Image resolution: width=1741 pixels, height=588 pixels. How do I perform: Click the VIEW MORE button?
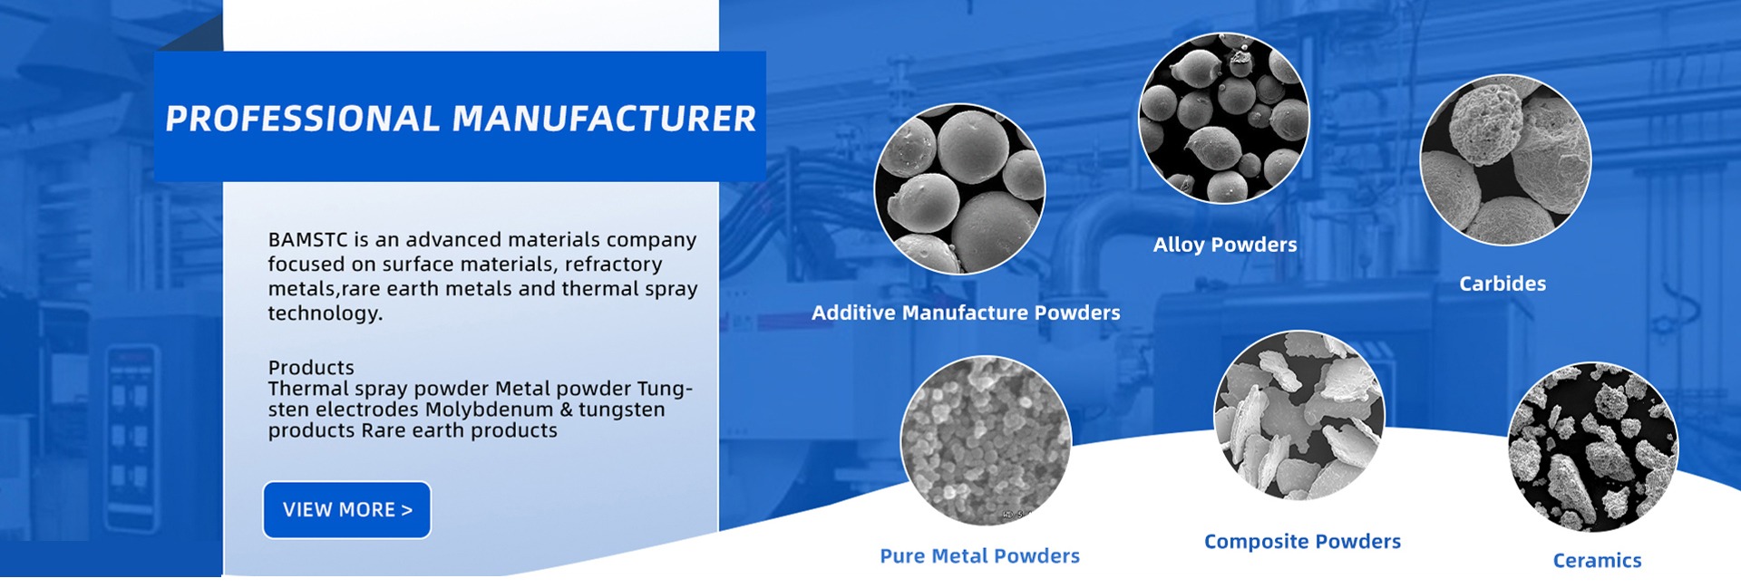point(346,510)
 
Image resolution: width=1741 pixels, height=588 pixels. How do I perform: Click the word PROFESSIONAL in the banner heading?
point(303,119)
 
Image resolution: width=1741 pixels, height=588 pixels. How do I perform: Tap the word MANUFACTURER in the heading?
point(604,119)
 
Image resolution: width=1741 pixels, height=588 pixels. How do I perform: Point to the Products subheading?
point(311,368)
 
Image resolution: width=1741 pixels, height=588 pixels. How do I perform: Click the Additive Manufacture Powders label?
point(966,313)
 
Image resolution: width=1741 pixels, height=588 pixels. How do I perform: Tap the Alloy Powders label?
point(1225,246)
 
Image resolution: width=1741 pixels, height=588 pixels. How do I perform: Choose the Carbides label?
point(1503,284)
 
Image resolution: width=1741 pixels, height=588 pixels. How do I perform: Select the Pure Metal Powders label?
point(979,556)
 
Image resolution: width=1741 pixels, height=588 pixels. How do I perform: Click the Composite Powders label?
point(1302,542)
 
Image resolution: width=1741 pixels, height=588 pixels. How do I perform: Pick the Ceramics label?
point(1597,561)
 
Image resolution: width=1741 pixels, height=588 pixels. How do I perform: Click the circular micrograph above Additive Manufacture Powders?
point(959,189)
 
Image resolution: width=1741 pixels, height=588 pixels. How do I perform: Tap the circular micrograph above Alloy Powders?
point(1224,118)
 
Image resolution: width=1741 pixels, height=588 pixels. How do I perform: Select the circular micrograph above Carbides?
point(1505,159)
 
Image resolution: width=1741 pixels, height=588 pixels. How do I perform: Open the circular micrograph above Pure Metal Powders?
point(986,441)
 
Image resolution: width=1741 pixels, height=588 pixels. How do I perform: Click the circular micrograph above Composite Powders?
point(1299,415)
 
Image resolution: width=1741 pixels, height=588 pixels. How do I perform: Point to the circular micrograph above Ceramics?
point(1593,448)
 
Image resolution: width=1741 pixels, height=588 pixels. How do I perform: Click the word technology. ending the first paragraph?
point(326,313)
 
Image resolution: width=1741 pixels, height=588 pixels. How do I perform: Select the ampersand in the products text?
point(566,410)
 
